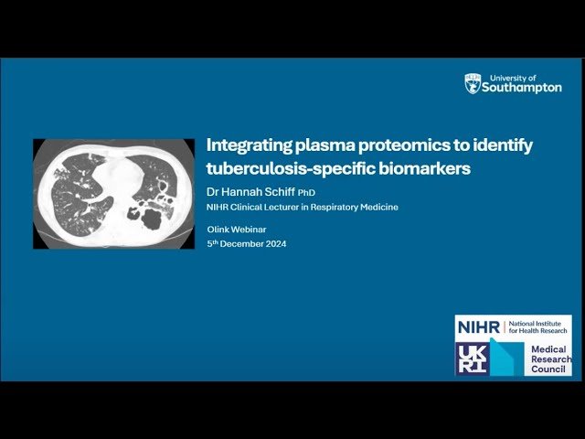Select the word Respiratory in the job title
coord(330,207)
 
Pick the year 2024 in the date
coord(273,243)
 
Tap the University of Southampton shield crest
coord(473,84)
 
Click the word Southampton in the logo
coord(523,88)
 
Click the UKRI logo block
coord(473,358)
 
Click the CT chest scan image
coord(114,193)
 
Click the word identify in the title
coord(504,145)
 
